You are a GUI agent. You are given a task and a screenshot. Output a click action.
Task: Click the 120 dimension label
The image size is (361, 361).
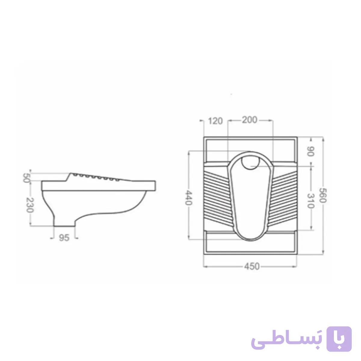pos(215,121)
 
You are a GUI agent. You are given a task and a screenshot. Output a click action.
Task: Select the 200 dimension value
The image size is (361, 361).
pos(249,120)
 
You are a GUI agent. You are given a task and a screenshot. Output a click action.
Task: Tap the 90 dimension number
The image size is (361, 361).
pos(310,151)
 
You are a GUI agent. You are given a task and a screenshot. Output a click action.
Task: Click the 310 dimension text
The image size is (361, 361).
pos(310,201)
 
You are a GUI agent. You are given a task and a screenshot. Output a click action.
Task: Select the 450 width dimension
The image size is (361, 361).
pos(252,266)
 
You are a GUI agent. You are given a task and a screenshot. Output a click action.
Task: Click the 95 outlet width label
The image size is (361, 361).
pos(64,238)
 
